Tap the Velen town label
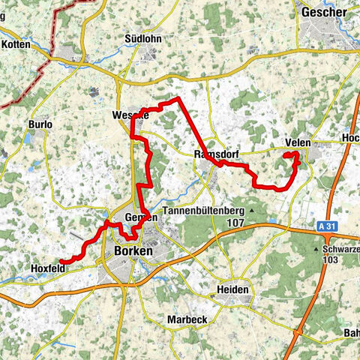coord(298,143)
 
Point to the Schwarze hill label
coord(339,248)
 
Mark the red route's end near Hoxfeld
coord(61,261)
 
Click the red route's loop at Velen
coord(292,157)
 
